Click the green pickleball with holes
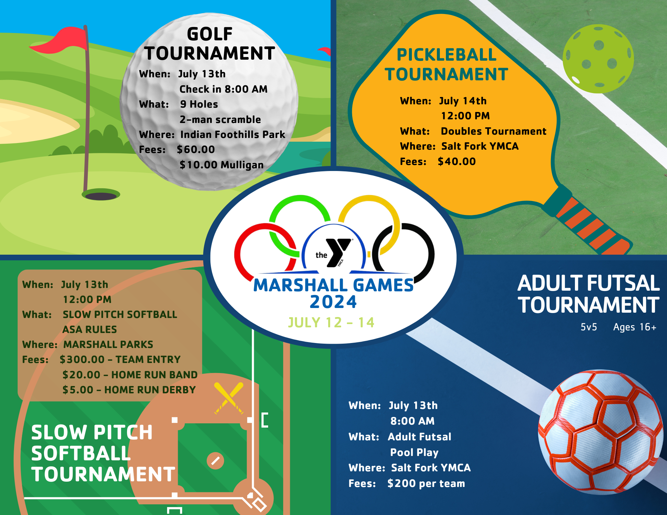point(598,59)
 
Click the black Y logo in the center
point(338,252)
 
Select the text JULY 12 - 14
point(331,322)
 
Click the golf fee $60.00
point(196,150)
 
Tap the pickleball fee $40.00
point(457,162)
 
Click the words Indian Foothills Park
point(232,135)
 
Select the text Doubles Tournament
point(493,131)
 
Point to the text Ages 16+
point(634,327)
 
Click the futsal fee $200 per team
point(426,483)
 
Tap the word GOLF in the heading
point(209,34)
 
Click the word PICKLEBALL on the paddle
point(446,55)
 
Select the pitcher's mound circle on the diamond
point(215,461)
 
